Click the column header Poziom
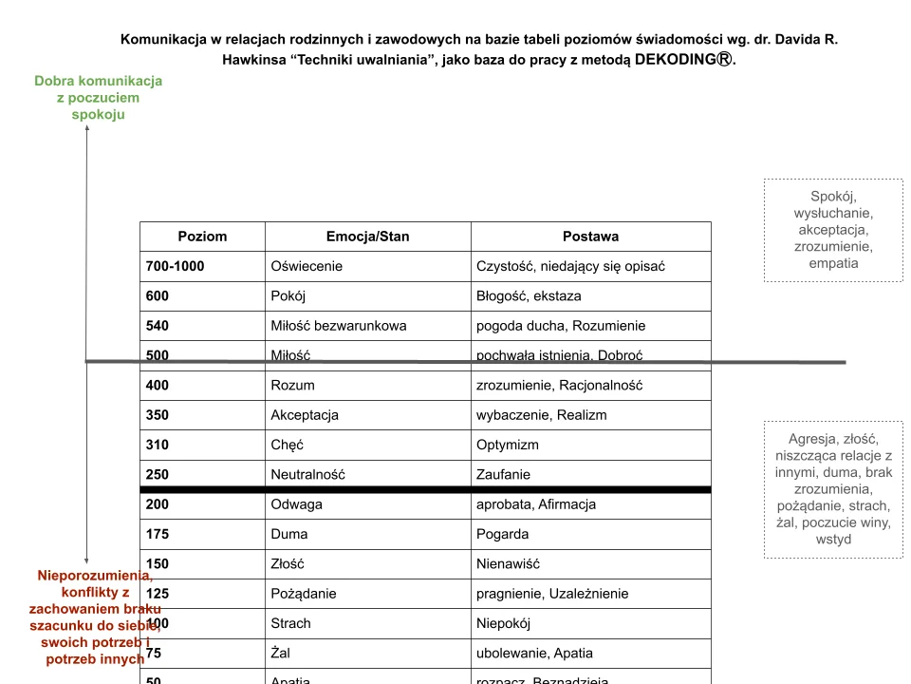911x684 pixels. pyautogui.click(x=202, y=237)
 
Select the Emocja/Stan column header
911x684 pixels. pyautogui.click(x=367, y=237)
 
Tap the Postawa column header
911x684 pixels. pyautogui.click(x=590, y=237)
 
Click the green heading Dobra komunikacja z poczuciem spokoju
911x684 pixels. pyautogui.click(x=99, y=97)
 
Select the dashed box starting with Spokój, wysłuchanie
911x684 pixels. pyautogui.click(x=833, y=230)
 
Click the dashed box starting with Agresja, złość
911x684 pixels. pyautogui.click(x=833, y=489)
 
